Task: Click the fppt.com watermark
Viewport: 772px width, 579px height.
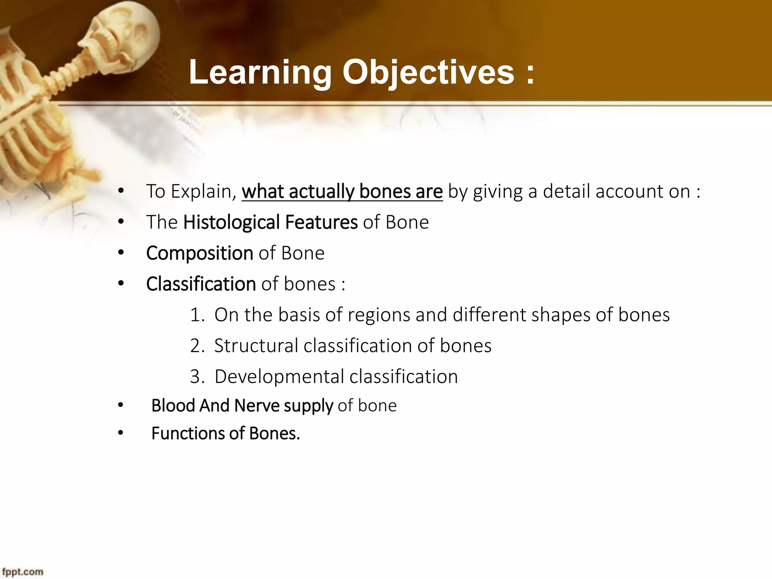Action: (x=23, y=572)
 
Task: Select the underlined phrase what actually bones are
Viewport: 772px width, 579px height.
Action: (x=342, y=191)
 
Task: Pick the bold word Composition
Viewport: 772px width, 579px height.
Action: (x=199, y=253)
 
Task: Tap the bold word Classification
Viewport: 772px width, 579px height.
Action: (x=201, y=284)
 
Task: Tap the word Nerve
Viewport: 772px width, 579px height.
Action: (x=257, y=406)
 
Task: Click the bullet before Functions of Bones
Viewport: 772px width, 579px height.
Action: (x=120, y=433)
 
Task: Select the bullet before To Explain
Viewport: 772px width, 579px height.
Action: (x=120, y=191)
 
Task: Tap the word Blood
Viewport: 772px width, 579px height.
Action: (x=173, y=406)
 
